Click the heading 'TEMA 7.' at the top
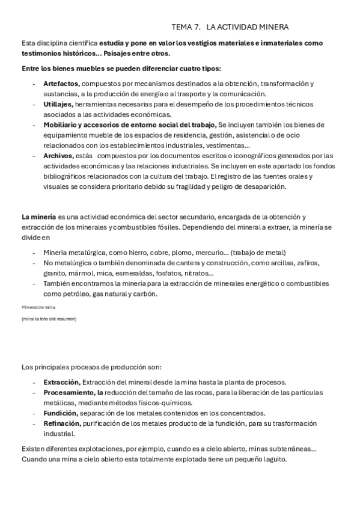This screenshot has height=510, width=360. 186,27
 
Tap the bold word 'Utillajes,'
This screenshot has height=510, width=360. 58,104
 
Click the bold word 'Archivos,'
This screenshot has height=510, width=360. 58,155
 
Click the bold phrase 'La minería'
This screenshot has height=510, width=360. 38,217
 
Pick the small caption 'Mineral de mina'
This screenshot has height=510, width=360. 38,307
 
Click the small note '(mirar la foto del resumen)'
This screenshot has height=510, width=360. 49,318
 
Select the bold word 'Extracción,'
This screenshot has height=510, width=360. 61,382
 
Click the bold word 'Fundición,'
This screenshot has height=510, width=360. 59,413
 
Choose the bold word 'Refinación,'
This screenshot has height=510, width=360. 61,423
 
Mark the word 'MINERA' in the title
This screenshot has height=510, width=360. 271,27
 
